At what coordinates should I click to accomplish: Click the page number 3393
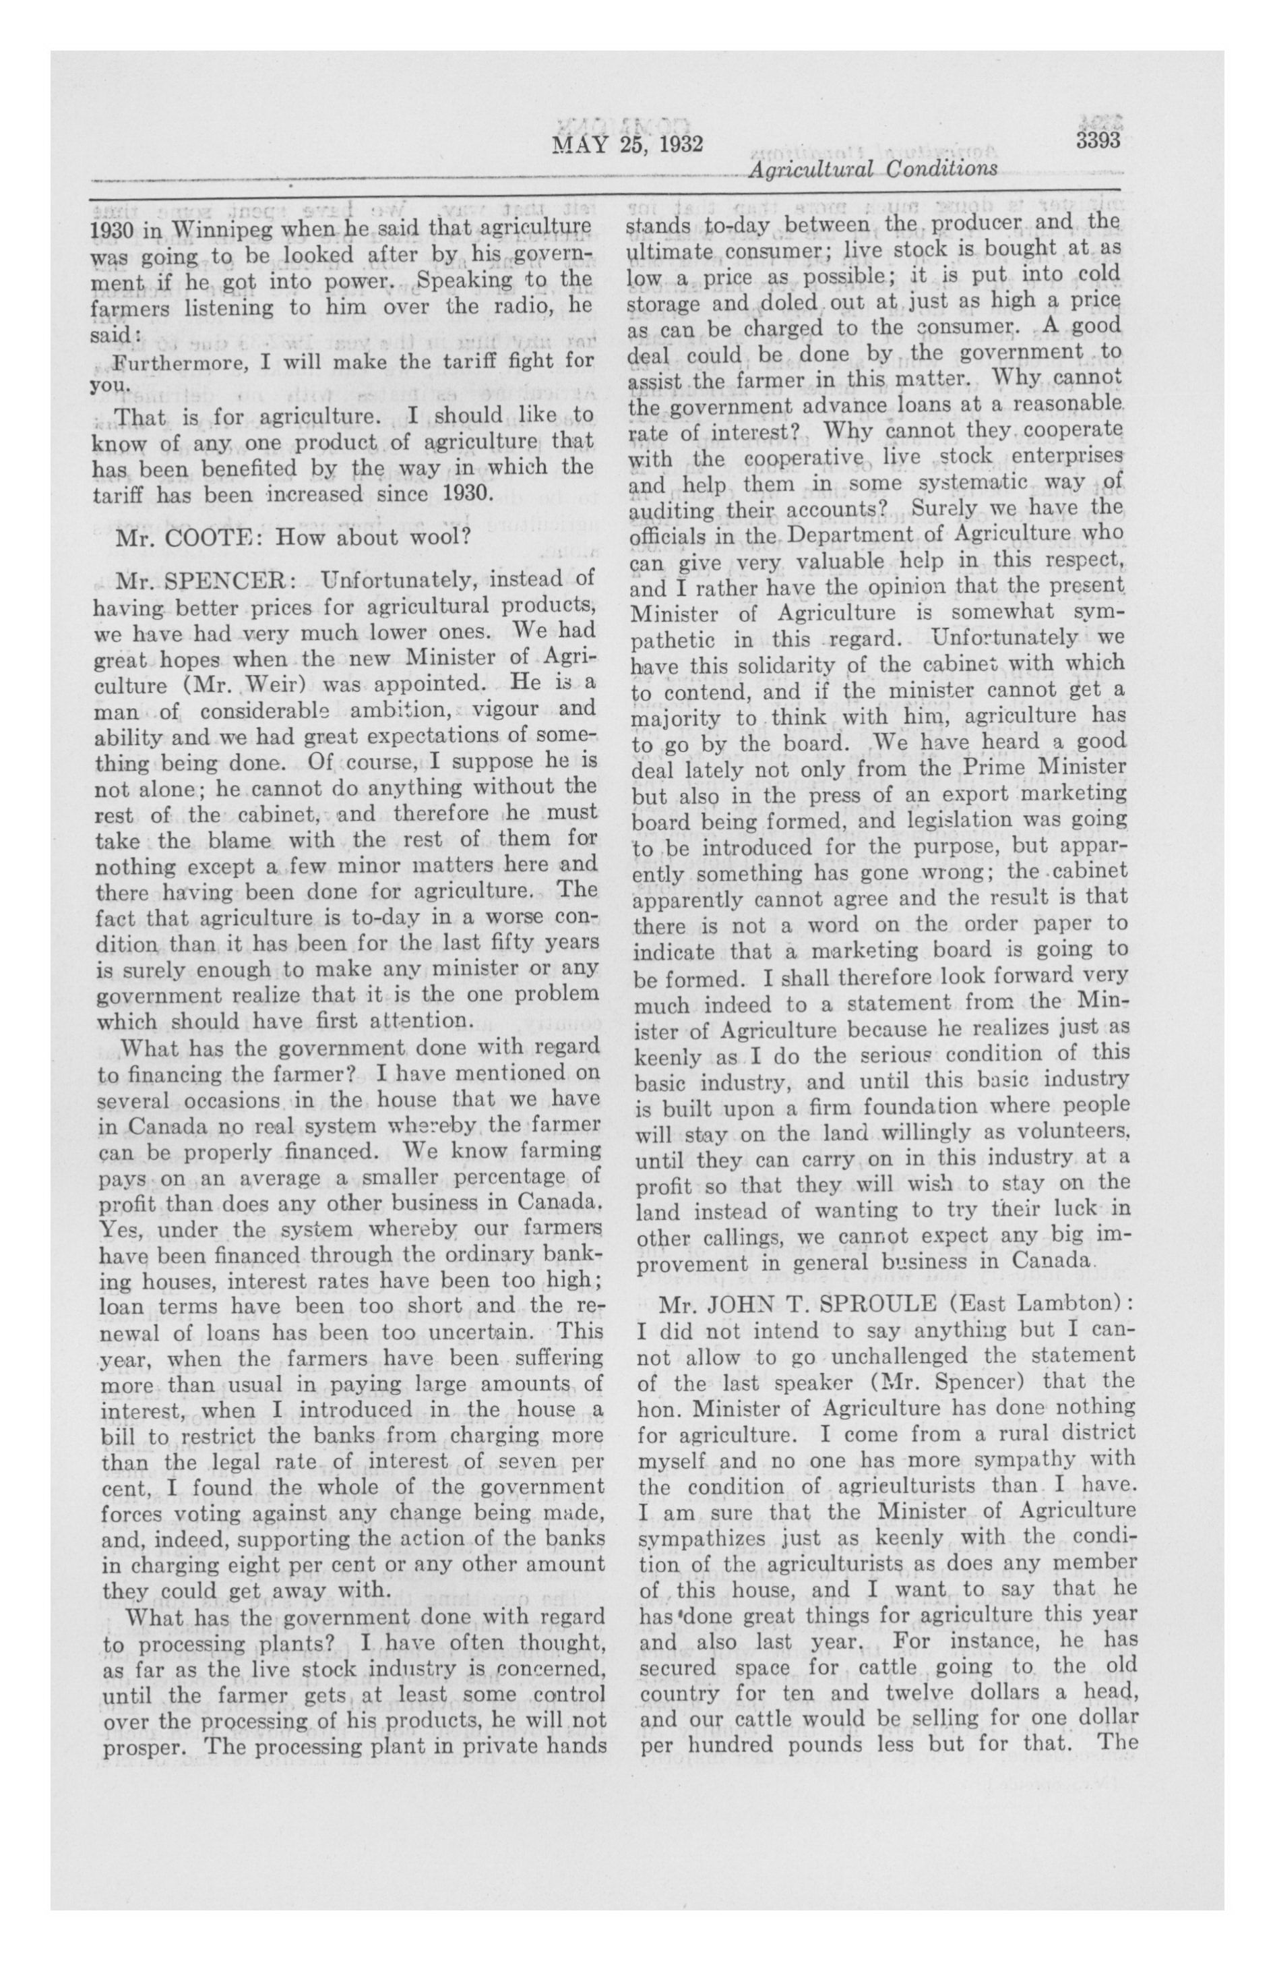click(x=1098, y=141)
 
